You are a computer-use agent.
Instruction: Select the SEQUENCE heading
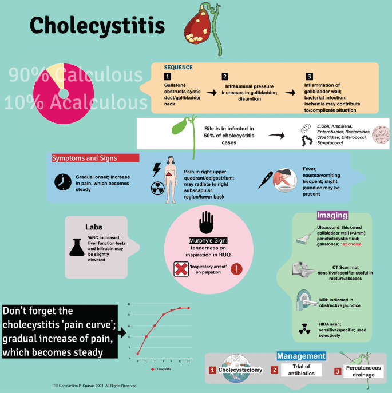pyautogui.click(x=179, y=67)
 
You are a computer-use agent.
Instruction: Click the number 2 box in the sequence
pyautogui.click(x=225, y=77)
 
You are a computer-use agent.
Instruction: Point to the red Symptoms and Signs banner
pyautogui.click(x=93, y=158)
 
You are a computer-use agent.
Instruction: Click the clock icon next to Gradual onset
pyautogui.click(x=62, y=182)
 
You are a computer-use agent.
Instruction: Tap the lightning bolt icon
pyautogui.click(x=155, y=169)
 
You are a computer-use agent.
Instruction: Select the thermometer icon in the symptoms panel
pyautogui.click(x=265, y=182)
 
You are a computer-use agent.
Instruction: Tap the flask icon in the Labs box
pyautogui.click(x=80, y=247)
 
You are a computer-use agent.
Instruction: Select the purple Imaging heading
pyautogui.click(x=332, y=216)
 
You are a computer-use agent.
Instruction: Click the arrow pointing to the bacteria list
pyautogui.click(x=279, y=136)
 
